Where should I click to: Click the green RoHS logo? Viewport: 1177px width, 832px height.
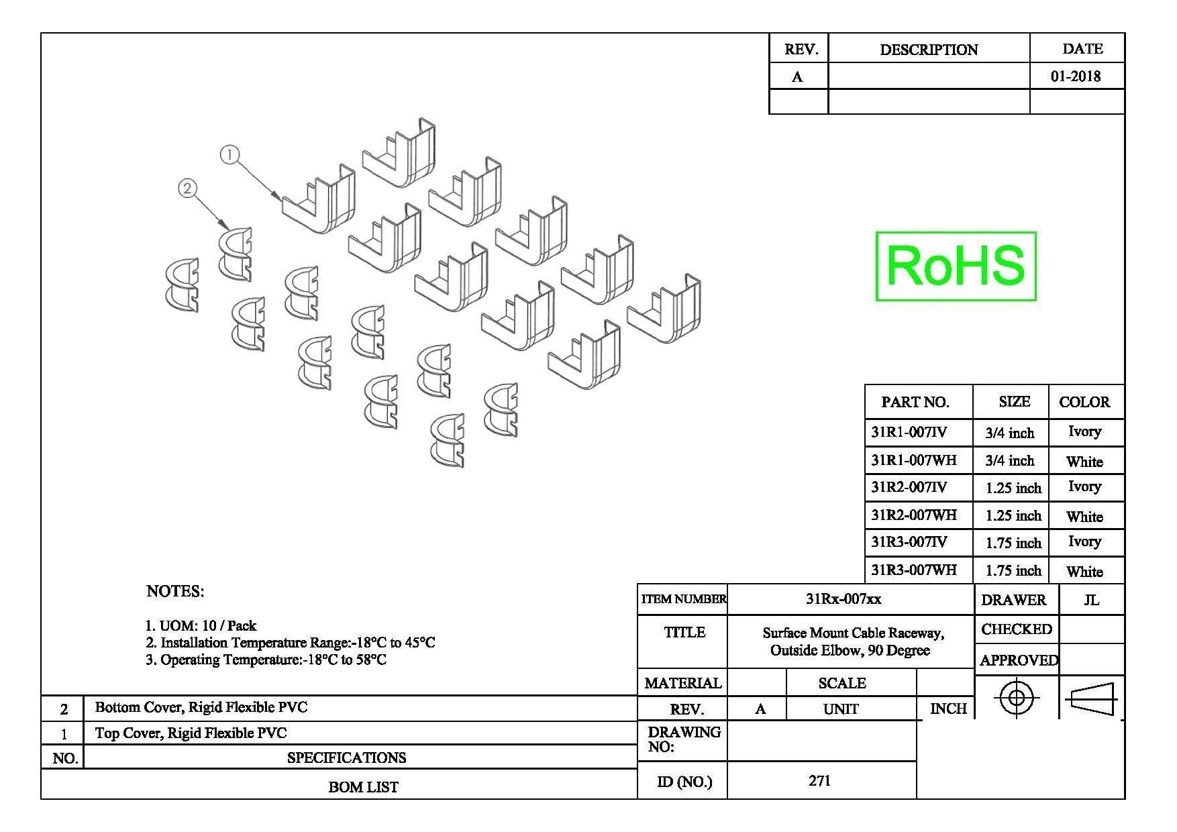956,266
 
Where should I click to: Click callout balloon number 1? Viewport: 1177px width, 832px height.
229,155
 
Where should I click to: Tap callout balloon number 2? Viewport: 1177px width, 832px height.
187,189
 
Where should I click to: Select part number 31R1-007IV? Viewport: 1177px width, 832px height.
909,432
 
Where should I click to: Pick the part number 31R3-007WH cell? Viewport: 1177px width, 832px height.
914,570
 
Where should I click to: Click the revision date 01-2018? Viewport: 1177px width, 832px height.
1076,76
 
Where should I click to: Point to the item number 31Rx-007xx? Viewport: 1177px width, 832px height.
843,599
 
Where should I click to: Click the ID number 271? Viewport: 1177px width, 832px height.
820,780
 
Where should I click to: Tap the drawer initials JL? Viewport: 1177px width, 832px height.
1092,600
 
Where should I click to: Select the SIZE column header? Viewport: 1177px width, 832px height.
1014,402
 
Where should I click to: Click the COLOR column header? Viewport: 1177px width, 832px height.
1084,403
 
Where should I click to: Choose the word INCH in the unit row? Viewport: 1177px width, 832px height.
948,709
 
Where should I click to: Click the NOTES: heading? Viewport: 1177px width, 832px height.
175,591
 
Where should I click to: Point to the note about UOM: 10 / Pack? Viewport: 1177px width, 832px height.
201,626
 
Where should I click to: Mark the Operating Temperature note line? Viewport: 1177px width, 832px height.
266,660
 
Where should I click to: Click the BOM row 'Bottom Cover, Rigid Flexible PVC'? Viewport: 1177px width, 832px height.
201,707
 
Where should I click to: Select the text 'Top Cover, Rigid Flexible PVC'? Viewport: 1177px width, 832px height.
191,733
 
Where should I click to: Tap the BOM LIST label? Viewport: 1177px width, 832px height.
363,787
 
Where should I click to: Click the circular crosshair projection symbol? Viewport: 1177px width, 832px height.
1017,698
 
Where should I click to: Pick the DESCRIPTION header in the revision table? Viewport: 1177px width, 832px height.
929,50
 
